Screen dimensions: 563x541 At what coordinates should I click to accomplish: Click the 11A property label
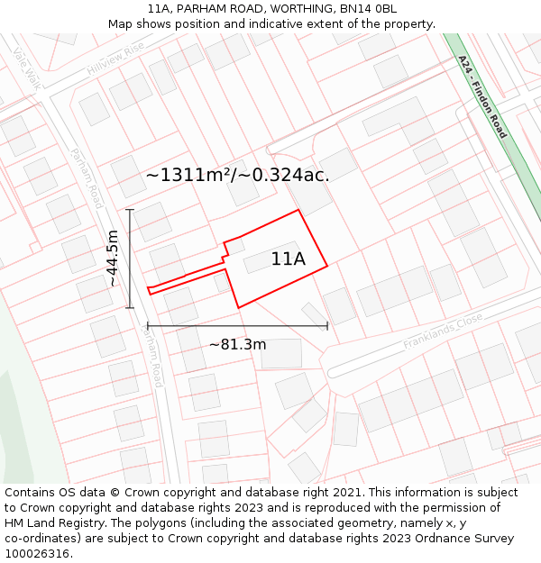point(288,259)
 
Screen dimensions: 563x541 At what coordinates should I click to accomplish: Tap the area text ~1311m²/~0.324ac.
point(237,175)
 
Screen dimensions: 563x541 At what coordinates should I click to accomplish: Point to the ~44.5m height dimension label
point(113,259)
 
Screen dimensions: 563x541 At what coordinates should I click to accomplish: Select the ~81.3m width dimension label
point(237,344)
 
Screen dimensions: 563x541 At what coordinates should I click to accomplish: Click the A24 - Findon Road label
point(482,97)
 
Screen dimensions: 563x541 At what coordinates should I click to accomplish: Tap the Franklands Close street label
point(443,331)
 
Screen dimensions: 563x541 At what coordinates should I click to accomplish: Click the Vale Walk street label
point(28,67)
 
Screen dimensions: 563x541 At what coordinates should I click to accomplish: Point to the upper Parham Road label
point(87,178)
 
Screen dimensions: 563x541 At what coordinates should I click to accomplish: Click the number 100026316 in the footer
point(35,553)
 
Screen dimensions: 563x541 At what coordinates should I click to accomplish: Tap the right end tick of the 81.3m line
point(327,325)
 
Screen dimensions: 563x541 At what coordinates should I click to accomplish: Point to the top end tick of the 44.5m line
point(130,210)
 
